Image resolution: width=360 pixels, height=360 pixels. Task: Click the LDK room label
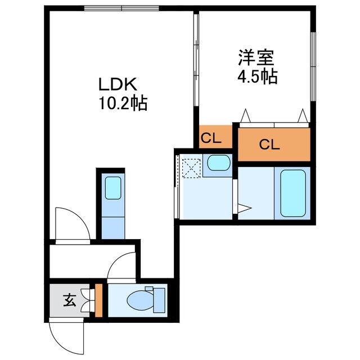tap(118, 84)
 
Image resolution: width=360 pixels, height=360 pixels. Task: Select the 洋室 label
tap(256, 57)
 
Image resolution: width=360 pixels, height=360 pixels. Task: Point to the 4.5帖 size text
tap(256, 76)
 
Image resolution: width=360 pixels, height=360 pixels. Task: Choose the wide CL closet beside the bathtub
tap(273, 145)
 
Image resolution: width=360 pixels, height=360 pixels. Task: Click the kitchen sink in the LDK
tap(113, 188)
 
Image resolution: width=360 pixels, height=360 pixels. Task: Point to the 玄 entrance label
tap(69, 300)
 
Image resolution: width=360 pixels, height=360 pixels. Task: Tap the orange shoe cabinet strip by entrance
tap(98, 300)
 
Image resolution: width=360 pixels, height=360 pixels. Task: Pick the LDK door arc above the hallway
tap(72, 223)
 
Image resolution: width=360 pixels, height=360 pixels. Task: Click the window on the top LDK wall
tap(122, 8)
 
